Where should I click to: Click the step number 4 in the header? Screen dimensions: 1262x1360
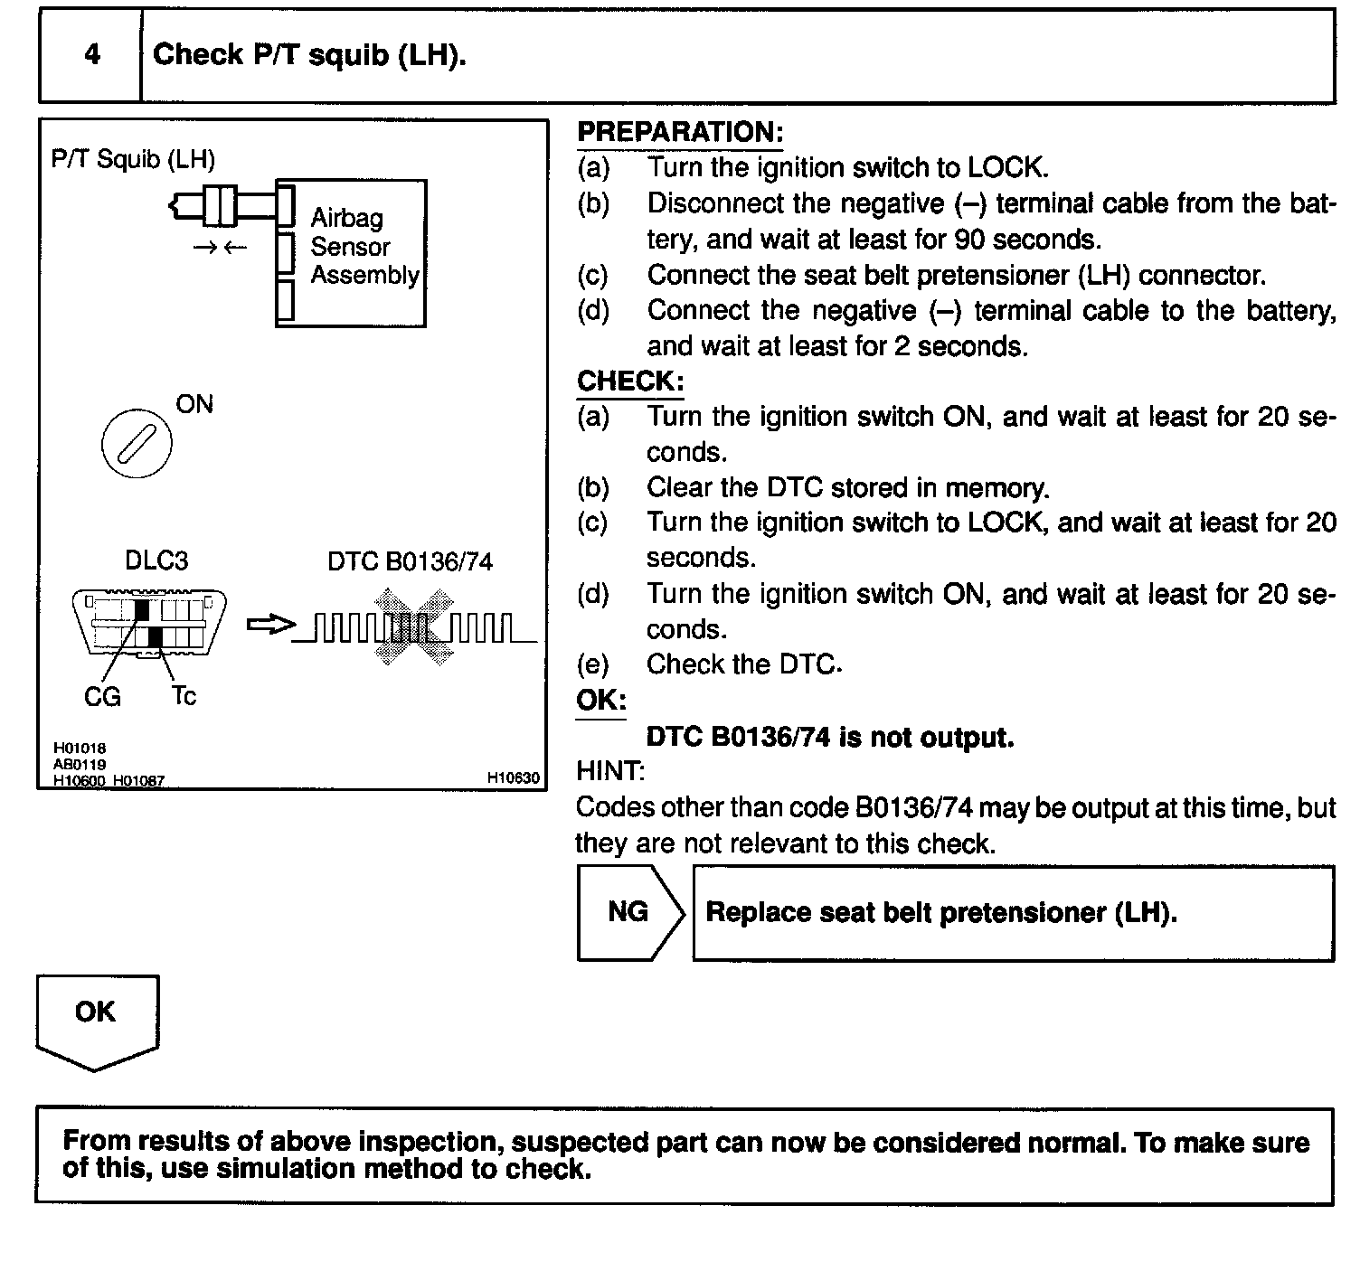pos(91,54)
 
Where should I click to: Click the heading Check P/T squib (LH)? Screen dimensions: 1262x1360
pos(309,55)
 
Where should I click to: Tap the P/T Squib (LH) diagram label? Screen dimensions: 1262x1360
pos(133,160)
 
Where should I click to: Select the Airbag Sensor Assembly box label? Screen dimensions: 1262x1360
pos(364,246)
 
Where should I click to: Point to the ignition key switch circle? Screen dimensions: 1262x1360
pos(137,447)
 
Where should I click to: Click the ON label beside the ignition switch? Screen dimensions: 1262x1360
pos(194,404)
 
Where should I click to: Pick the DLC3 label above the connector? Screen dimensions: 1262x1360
pos(156,561)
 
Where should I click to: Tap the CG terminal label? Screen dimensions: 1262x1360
pos(101,697)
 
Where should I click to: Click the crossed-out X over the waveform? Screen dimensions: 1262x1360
pos(414,626)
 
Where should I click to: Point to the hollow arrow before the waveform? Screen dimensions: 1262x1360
pos(270,625)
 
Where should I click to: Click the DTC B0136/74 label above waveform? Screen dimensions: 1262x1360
pos(410,561)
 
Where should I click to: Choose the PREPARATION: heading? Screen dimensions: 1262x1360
pos(679,132)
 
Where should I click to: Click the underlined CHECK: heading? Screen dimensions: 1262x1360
pos(630,381)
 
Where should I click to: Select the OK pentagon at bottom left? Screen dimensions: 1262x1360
pos(97,1018)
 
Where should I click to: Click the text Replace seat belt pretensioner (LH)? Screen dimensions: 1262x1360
pos(940,912)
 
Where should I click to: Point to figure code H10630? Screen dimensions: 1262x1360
pos(513,777)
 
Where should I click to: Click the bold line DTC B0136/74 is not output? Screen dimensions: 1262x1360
pos(830,738)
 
